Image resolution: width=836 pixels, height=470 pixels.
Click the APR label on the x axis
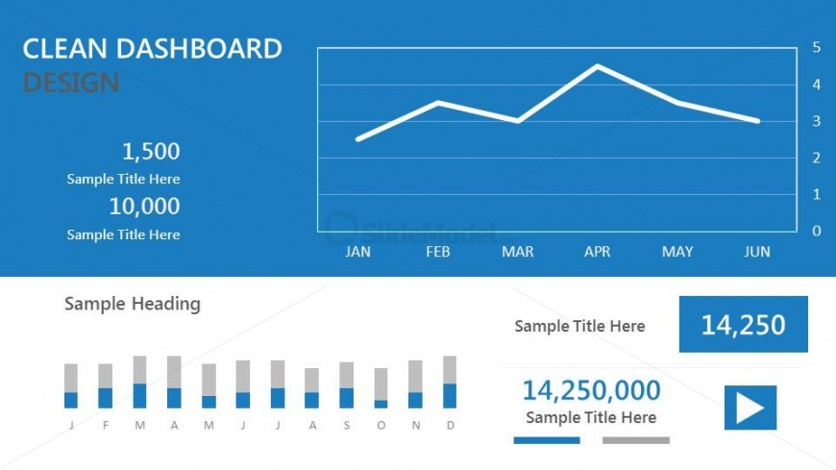[598, 252]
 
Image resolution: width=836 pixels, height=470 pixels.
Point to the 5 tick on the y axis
[816, 47]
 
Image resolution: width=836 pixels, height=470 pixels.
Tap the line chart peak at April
[598, 66]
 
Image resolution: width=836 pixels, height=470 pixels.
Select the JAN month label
[357, 252]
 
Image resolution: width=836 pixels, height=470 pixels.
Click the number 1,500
[151, 151]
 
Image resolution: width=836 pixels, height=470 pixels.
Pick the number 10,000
[144, 206]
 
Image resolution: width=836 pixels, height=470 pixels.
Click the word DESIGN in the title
[71, 83]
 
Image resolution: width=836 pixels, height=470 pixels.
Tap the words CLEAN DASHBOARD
[152, 49]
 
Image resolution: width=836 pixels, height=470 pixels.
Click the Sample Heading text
[133, 304]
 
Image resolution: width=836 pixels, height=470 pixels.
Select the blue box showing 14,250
[743, 324]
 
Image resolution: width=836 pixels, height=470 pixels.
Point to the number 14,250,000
[591, 389]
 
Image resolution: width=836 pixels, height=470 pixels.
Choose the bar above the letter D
[450, 383]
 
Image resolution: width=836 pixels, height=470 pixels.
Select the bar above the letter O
[381, 388]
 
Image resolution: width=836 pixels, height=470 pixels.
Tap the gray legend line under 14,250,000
[635, 440]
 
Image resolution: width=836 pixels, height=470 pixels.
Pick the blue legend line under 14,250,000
[547, 440]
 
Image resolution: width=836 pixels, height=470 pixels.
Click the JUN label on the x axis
[757, 252]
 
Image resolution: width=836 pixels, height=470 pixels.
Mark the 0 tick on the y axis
[816, 231]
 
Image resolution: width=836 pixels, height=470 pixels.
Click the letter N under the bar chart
[415, 425]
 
